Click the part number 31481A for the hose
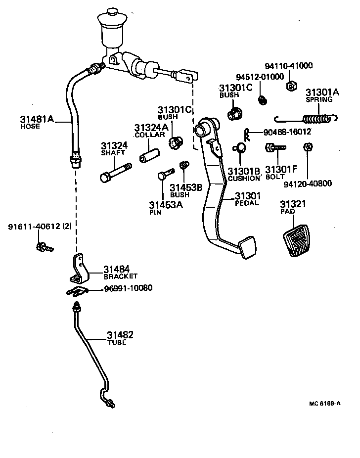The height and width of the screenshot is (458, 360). pos(37,119)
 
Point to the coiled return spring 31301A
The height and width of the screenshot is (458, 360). pos(316,119)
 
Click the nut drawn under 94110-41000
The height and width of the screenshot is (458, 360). pos(291,86)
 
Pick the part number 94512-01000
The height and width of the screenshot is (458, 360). pos(260,77)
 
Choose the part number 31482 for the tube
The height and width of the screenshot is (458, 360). pos(120,335)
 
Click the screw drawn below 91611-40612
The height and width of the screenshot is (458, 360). pos(44,246)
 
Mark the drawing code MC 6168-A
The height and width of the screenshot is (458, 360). pos(324,403)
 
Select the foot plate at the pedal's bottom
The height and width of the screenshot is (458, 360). pos(247,248)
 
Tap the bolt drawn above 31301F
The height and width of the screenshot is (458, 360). pos(275,148)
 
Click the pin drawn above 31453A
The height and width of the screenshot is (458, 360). pos(164,175)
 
